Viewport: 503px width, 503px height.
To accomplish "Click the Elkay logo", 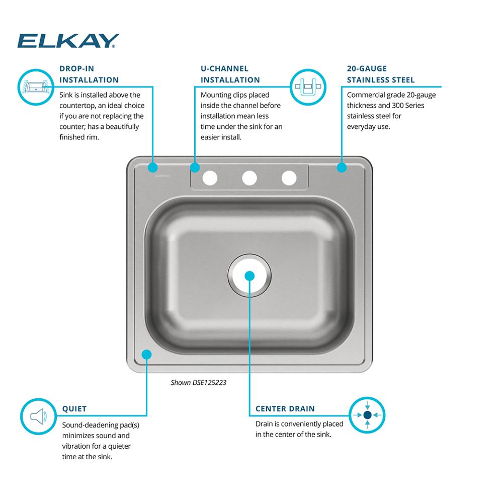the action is pos(68,41).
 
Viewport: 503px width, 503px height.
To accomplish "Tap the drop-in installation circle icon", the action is pos(36,87).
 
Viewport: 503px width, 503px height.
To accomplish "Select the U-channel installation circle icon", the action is pos(308,87).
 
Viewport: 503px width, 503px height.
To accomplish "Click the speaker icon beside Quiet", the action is pos(39,416).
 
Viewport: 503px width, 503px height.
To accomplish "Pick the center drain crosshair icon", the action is pos(367,415).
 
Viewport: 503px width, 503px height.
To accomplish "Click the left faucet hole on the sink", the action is pos(210,178).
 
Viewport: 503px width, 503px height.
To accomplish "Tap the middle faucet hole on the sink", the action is pos(249,178).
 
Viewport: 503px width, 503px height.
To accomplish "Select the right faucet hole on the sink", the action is pos(289,178).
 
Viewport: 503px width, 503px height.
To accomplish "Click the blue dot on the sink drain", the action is pos(249,276).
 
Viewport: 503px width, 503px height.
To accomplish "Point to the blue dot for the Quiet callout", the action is pos(146,355).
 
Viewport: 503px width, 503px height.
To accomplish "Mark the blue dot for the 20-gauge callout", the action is pos(342,167).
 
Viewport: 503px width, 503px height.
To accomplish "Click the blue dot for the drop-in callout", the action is pos(153,167).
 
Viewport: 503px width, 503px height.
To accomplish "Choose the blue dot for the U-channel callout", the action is pos(195,167).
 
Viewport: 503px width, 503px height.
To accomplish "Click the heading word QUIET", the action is pos(74,409).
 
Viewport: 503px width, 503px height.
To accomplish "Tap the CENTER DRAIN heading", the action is pos(285,408).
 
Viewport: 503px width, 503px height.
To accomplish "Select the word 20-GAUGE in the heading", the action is pos(367,68).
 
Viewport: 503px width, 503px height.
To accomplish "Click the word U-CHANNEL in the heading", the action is pos(224,68).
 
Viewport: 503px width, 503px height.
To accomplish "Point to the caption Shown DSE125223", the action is pos(199,382).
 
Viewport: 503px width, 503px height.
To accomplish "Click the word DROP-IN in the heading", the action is pos(76,68).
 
